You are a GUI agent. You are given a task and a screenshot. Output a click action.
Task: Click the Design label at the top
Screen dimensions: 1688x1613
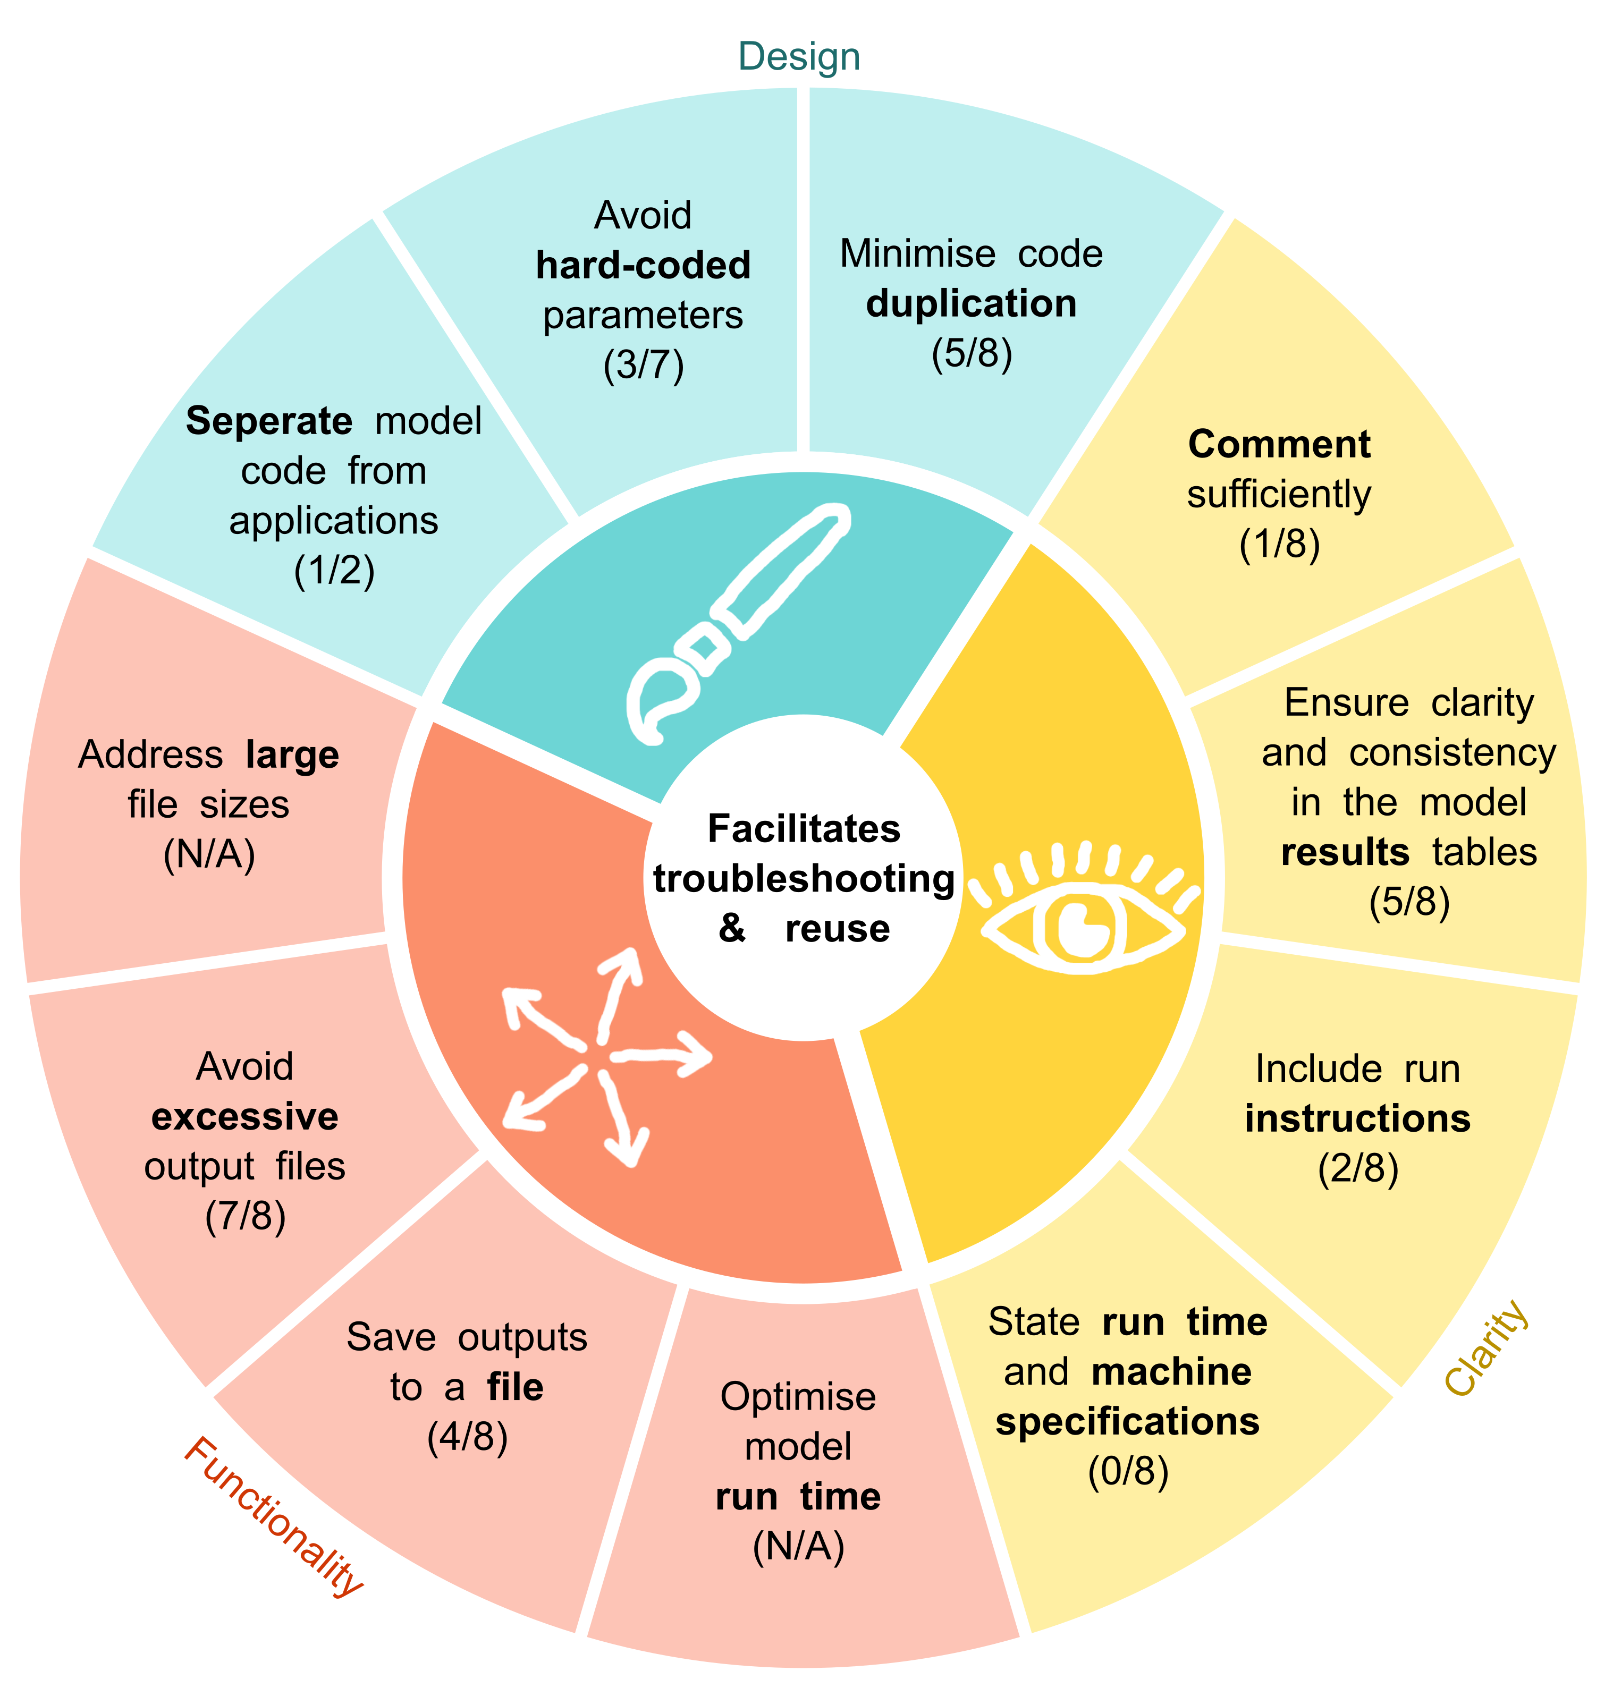click(x=799, y=57)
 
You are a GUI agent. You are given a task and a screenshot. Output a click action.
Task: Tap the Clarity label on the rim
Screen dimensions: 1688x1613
click(x=1487, y=1347)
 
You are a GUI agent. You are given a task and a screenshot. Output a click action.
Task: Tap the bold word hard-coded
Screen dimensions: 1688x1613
click(x=643, y=266)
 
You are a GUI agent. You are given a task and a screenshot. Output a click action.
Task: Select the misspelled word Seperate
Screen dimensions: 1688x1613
click(x=268, y=421)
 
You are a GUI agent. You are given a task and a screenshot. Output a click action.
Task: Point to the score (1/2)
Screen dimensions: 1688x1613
click(x=334, y=571)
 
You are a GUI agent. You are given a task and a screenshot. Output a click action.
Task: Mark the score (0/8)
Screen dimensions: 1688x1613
click(x=1128, y=1471)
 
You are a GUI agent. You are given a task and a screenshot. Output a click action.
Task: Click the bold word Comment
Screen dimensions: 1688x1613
click(x=1279, y=444)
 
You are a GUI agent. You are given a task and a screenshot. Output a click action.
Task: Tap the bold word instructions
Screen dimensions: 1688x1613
click(x=1358, y=1119)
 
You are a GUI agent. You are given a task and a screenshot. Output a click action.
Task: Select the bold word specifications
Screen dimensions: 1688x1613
click(x=1127, y=1422)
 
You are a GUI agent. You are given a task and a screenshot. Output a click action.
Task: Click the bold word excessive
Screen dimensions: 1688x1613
click(x=245, y=1116)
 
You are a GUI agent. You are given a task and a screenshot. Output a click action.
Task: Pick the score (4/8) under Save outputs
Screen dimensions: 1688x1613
click(x=467, y=1437)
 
